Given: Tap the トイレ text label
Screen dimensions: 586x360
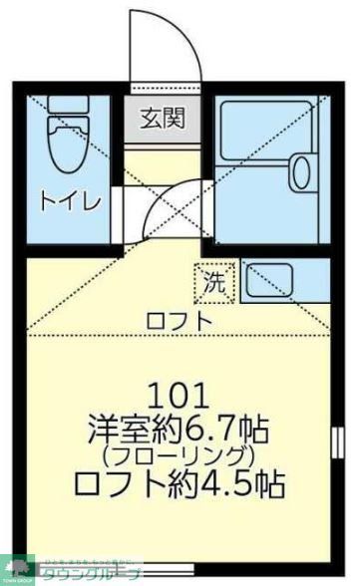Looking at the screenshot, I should [x=69, y=203].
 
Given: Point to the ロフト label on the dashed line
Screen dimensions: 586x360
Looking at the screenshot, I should [x=179, y=321].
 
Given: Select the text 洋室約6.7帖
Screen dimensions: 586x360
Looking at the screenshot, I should [x=179, y=430].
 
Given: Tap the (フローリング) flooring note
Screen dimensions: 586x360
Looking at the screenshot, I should [x=179, y=457].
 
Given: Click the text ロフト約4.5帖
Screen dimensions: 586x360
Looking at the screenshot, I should [x=179, y=485].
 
